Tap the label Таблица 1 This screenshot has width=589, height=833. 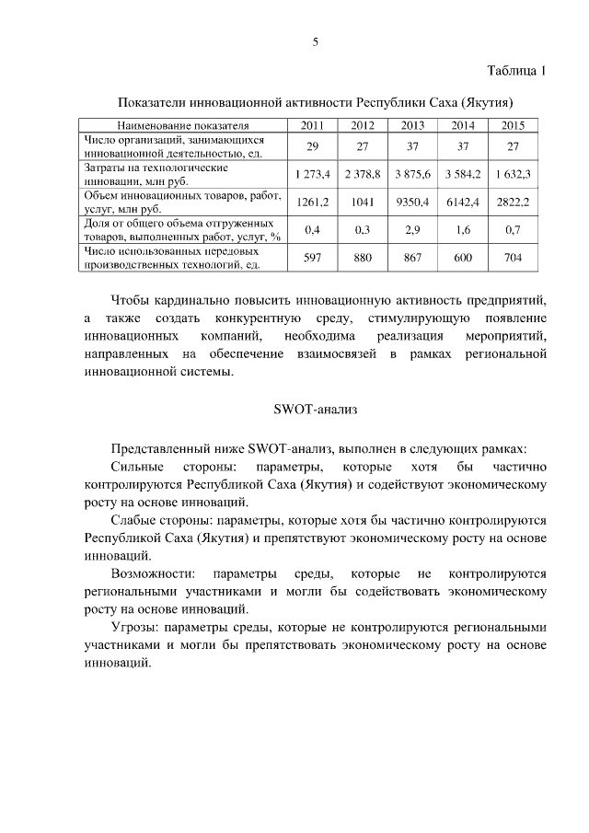(515, 71)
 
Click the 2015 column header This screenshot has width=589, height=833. (514, 125)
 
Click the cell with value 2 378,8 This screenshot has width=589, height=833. (363, 174)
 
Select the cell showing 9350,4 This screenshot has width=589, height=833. (412, 202)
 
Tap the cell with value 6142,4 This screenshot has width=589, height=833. (463, 202)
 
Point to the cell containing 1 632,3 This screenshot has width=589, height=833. (514, 174)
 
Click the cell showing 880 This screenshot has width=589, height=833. (363, 258)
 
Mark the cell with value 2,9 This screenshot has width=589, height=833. (412, 229)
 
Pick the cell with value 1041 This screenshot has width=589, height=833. (363, 202)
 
